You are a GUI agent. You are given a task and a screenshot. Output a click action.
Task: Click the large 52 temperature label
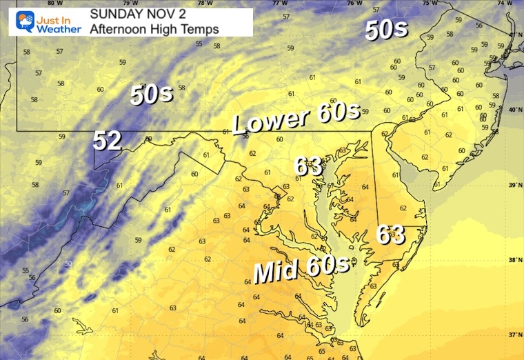click(108, 141)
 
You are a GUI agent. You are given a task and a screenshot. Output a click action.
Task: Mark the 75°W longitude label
click(429, 3)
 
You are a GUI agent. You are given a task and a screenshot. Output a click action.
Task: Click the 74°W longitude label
click(505, 3)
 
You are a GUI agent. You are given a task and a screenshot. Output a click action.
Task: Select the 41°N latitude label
click(514, 34)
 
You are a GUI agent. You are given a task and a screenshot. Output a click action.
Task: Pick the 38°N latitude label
click(514, 261)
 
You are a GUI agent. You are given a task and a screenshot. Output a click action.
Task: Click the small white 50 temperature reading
click(68, 263)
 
